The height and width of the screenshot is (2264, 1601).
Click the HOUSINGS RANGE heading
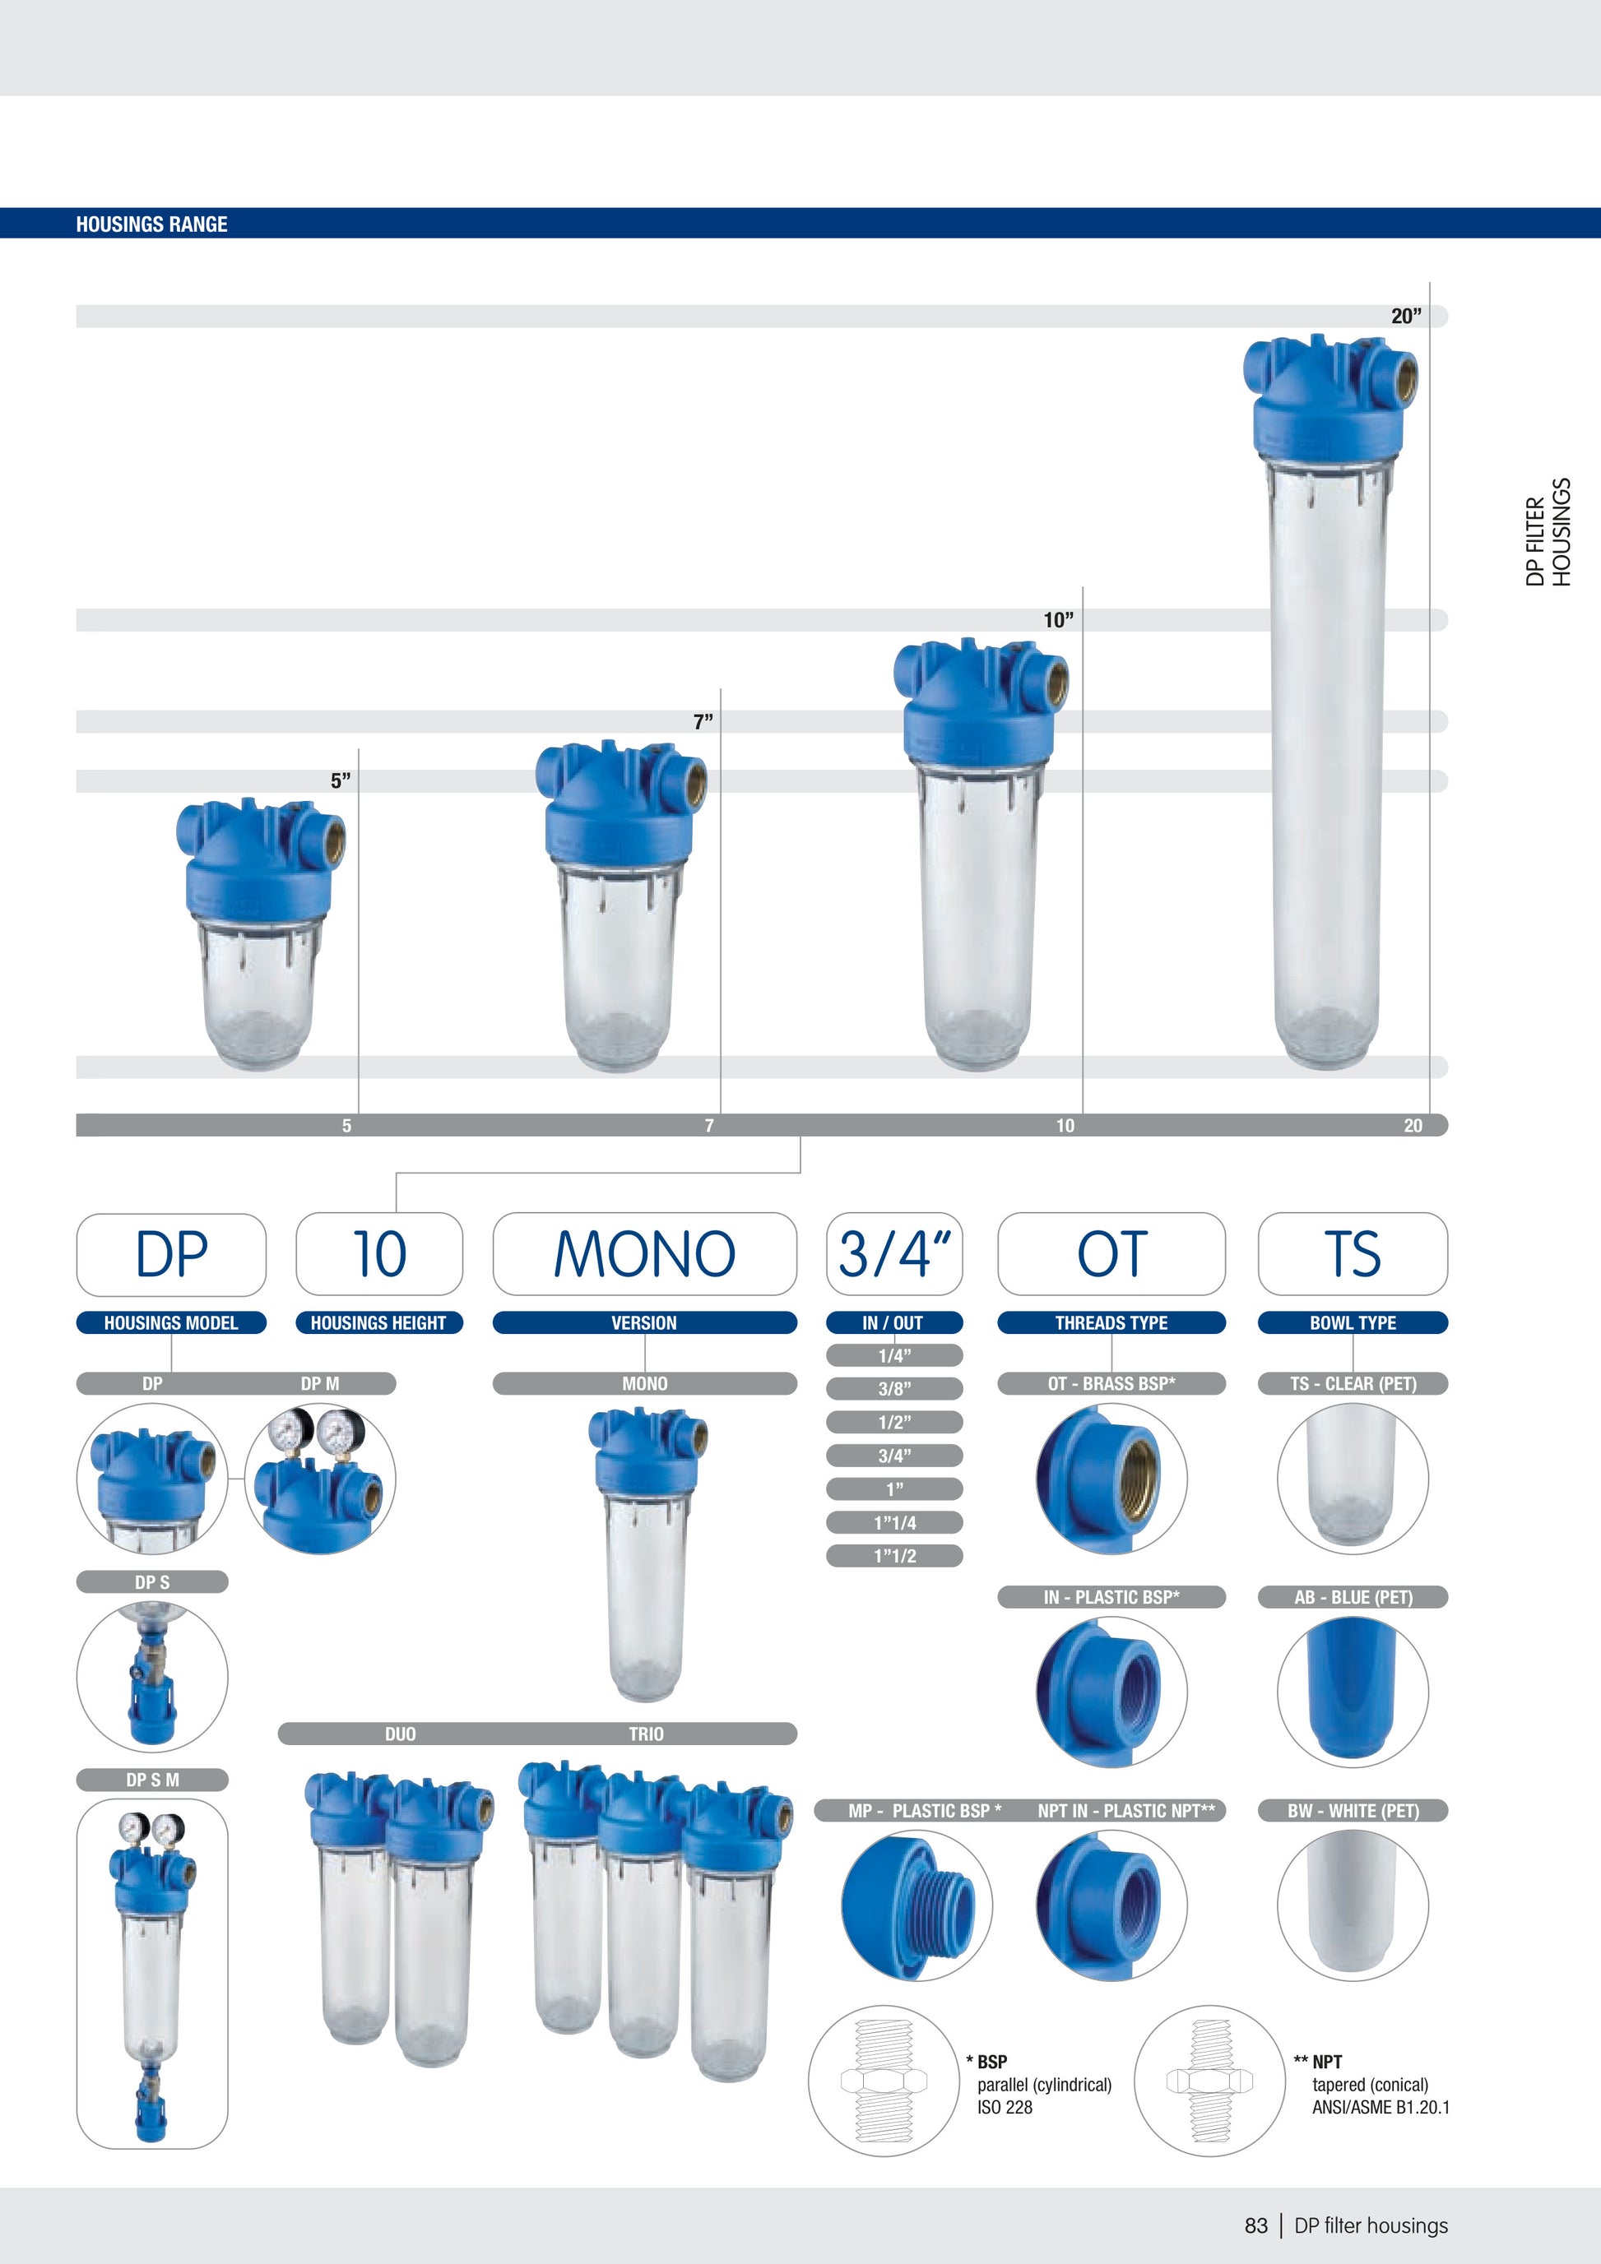(152, 224)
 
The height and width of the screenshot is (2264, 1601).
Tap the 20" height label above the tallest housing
(1407, 317)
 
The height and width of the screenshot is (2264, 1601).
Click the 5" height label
(341, 781)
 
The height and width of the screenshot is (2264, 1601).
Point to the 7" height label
(703, 722)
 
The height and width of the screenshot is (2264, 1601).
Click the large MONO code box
(644, 1253)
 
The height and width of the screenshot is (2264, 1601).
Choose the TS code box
(1353, 1253)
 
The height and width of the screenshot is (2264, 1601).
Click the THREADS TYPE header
(1111, 1322)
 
